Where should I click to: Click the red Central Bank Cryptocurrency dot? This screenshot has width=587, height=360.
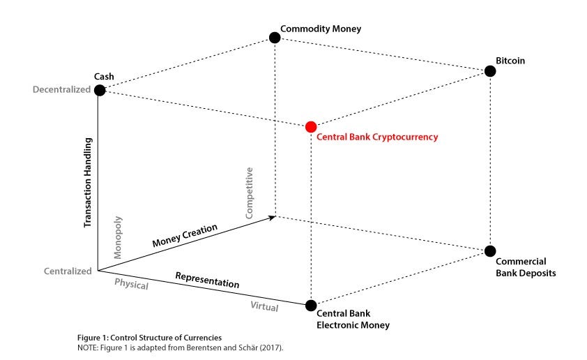point(311,126)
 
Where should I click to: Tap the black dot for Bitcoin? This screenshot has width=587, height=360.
point(489,71)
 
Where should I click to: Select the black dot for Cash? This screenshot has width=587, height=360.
point(100,90)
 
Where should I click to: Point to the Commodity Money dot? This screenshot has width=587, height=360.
point(275,38)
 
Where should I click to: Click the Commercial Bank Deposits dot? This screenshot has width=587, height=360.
point(489,251)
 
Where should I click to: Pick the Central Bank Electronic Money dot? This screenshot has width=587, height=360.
point(311,305)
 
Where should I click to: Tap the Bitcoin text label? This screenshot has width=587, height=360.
point(510,61)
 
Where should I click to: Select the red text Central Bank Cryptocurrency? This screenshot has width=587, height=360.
point(377,137)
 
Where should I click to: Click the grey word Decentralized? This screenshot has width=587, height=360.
point(61,89)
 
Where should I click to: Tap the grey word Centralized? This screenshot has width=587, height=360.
point(67,271)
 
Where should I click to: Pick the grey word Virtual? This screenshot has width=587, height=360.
point(264,306)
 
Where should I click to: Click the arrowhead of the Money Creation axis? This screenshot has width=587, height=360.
point(272,218)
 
